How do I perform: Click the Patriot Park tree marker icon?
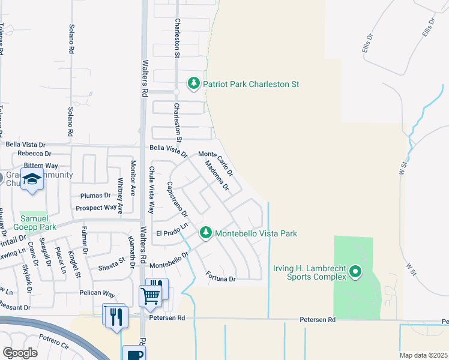coord(193,84)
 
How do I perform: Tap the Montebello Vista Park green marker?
coord(206,233)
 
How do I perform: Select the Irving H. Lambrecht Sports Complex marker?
coord(355,272)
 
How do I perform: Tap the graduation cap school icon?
coord(32,179)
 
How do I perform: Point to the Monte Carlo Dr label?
coord(215,162)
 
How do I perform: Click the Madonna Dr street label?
coord(217,176)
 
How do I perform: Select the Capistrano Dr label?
coord(177,199)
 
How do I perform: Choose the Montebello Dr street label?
coord(169,259)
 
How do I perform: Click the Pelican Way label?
coord(97,294)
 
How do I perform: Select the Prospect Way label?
coord(96,208)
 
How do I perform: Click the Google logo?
coord(20,352)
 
